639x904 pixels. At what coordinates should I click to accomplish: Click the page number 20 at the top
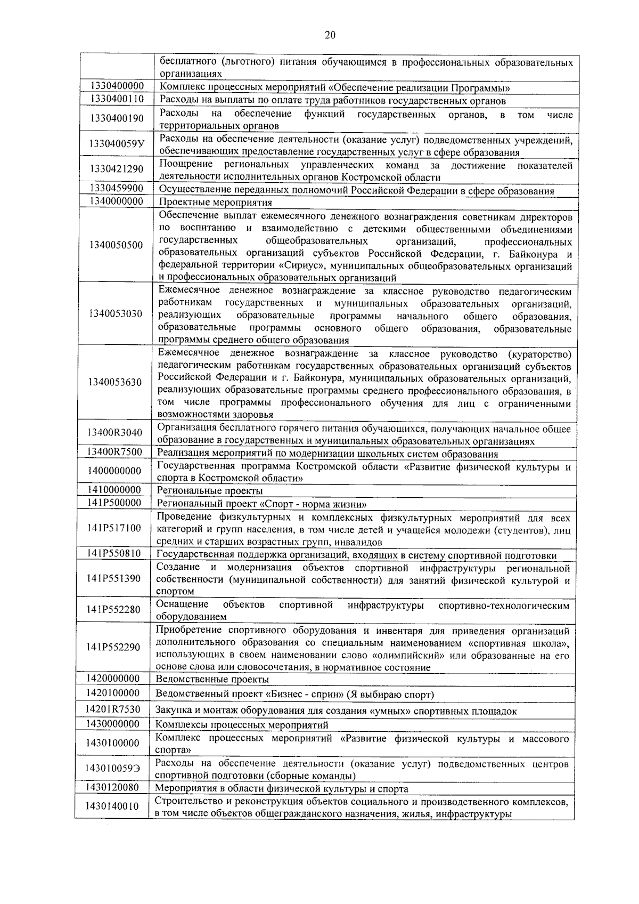(x=330, y=36)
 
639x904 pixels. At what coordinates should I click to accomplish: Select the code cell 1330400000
(x=117, y=87)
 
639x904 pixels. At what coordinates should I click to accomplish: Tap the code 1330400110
(x=117, y=99)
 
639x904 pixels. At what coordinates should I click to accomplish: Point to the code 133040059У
(x=117, y=144)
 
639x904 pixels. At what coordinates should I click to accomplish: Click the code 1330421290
(x=117, y=170)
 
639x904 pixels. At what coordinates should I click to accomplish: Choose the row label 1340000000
(x=117, y=201)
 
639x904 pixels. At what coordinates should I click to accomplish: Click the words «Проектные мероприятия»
(x=216, y=203)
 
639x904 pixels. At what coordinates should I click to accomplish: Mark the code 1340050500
(x=117, y=245)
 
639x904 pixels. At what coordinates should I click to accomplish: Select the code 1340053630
(x=116, y=383)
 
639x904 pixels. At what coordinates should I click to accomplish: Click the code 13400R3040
(x=115, y=433)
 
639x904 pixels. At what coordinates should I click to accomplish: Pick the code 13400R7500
(x=115, y=453)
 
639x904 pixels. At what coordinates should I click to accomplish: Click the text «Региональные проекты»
(x=210, y=491)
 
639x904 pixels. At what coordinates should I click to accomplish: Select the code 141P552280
(x=114, y=610)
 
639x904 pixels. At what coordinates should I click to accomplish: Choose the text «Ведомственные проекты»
(x=212, y=680)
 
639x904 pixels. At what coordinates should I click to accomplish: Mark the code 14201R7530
(x=113, y=709)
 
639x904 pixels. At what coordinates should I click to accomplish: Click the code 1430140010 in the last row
(x=112, y=807)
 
